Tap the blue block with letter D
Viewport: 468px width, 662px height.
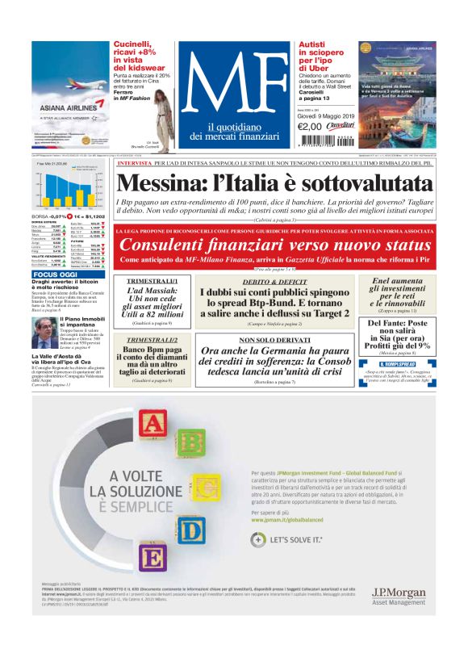tap(191, 529)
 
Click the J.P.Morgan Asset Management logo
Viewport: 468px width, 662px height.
tap(399, 596)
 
